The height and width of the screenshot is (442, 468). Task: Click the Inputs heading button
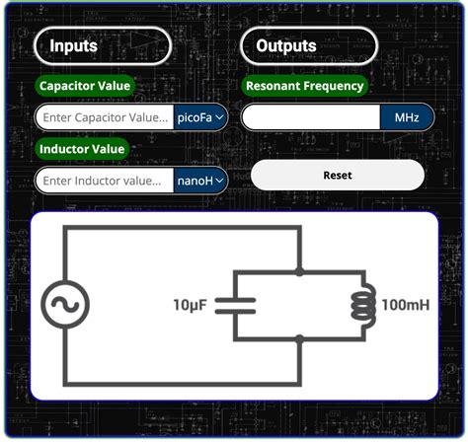click(103, 45)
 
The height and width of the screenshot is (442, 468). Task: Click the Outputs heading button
click(309, 45)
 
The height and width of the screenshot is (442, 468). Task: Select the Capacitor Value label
click(85, 86)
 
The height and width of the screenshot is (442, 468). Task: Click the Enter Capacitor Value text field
click(106, 117)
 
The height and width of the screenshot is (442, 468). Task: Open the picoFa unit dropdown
click(201, 117)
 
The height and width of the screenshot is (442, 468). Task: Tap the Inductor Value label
click(83, 149)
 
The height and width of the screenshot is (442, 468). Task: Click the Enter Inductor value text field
click(106, 181)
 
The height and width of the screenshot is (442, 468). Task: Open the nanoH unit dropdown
click(201, 181)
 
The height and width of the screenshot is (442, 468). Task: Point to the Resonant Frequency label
click(305, 86)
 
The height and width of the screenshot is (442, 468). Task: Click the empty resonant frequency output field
click(311, 117)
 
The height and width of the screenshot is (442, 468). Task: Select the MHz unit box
click(407, 117)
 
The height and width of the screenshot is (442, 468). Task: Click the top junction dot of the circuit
click(298, 270)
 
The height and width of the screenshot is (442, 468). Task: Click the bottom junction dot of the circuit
click(298, 338)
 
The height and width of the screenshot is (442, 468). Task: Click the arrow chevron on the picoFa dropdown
click(219, 117)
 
